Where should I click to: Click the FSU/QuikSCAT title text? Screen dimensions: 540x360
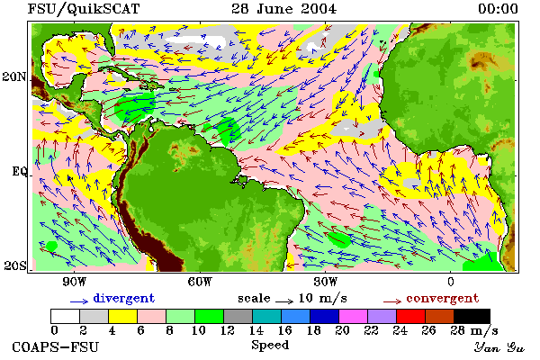pos(84,9)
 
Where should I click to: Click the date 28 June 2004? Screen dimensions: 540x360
pos(283,9)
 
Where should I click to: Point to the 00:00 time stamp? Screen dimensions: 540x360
pos(498,9)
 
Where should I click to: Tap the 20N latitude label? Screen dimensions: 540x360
pos(14,76)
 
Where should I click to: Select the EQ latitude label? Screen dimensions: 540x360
pos(20,171)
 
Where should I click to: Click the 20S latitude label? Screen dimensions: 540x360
pos(15,265)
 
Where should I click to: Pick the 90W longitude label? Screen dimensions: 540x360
pos(74,282)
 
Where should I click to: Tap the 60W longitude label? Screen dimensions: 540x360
pos(200,282)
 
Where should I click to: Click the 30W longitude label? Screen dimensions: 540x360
pos(326,282)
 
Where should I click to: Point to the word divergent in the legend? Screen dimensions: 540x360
pos(124,298)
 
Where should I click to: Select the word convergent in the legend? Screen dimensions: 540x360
pos(443,298)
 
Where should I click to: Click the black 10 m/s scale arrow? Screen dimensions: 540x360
pos(284,301)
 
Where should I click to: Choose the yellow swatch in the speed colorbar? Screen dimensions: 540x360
pos(122,316)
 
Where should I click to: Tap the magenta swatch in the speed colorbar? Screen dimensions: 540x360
pos(354,316)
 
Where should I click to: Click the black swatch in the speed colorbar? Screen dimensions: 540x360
pos(472,316)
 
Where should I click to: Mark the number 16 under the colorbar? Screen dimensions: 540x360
pos(284,330)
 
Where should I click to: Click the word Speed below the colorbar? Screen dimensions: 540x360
pos(270,346)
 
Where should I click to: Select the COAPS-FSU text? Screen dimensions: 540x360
pos(56,347)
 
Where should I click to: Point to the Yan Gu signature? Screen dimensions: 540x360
pos(499,347)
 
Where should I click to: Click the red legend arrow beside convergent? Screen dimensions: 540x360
pos(392,301)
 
